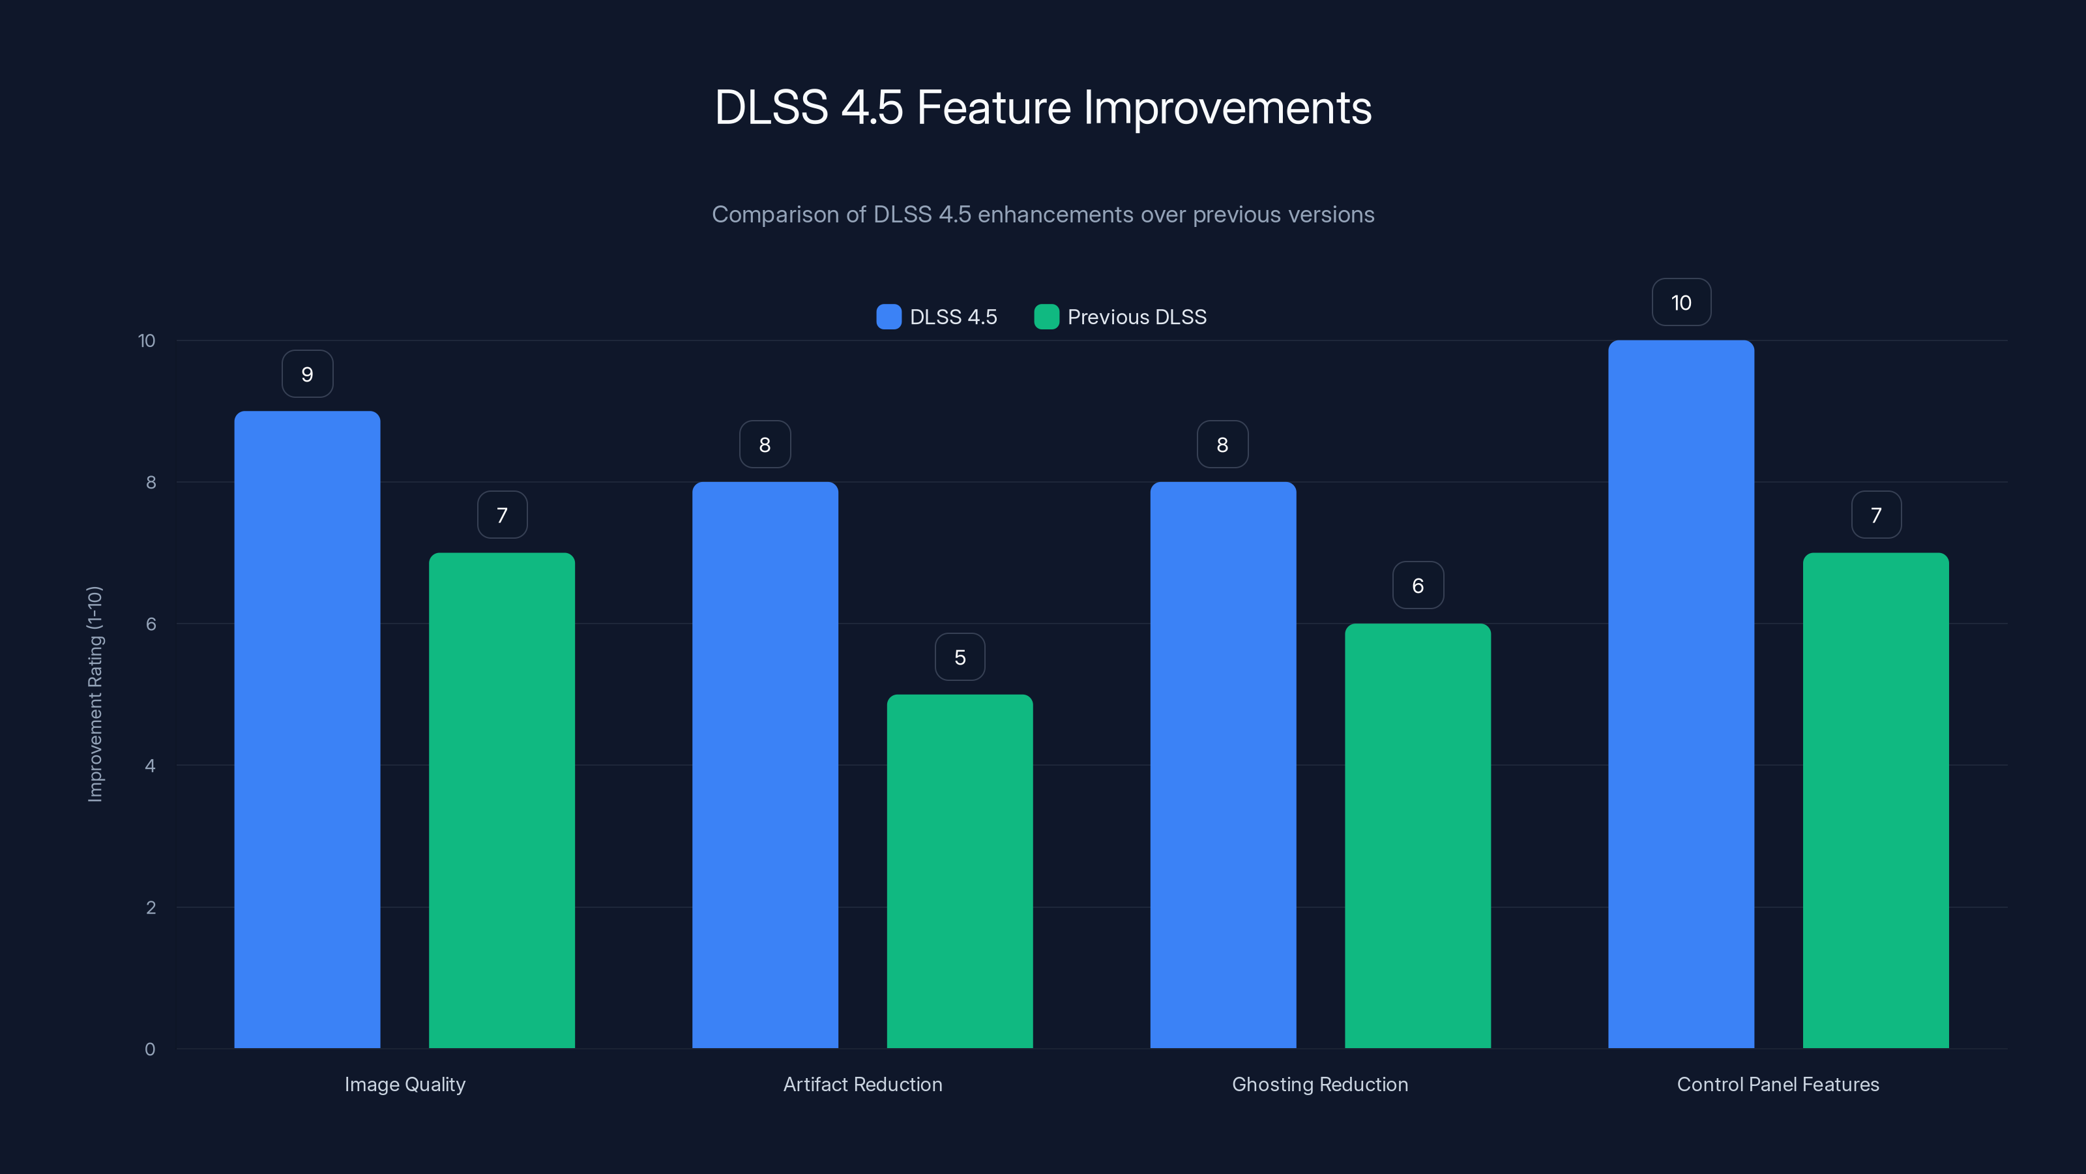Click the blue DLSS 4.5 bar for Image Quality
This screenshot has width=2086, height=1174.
307,729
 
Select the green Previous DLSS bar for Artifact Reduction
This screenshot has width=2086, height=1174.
960,871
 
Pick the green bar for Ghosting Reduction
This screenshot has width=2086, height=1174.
1417,835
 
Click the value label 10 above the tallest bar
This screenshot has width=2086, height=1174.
1681,302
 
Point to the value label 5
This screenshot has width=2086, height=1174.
960,657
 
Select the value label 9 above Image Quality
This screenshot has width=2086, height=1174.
307,374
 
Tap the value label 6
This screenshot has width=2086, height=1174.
1417,586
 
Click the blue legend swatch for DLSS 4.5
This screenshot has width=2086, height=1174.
889,317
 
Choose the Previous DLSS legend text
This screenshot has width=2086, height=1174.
1136,317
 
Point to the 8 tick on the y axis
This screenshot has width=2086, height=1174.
151,483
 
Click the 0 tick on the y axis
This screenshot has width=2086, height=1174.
150,1049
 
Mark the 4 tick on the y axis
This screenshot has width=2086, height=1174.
150,766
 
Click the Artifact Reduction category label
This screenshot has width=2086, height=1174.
862,1084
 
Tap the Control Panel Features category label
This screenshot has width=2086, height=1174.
1778,1084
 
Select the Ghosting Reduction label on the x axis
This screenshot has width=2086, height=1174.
1320,1084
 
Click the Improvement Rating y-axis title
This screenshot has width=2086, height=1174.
95,693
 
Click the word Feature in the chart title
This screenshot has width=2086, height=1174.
993,108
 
